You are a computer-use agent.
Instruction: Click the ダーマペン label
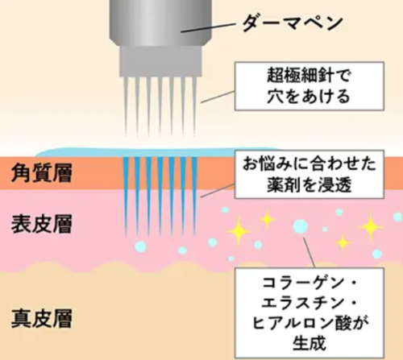pyautogui.click(x=293, y=23)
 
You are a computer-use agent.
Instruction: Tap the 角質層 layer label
pyautogui.click(x=42, y=173)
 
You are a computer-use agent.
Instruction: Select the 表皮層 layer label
pyautogui.click(x=42, y=224)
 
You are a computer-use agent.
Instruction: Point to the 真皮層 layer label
pyautogui.click(x=42, y=318)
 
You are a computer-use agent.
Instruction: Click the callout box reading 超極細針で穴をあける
pyautogui.click(x=310, y=86)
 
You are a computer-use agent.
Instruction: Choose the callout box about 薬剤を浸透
pyautogui.click(x=310, y=175)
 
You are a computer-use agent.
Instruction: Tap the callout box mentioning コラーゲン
pyautogui.click(x=310, y=313)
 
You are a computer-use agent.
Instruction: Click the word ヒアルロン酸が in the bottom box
pyautogui.click(x=310, y=323)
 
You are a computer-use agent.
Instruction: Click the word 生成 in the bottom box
pyautogui.click(x=310, y=343)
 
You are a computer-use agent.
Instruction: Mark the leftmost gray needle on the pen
pyautogui.click(x=126, y=106)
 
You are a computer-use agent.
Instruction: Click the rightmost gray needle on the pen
pyautogui.click(x=194, y=106)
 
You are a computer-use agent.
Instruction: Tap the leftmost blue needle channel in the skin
pyautogui.click(x=126, y=196)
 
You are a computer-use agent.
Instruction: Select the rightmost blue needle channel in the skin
pyautogui.click(x=194, y=196)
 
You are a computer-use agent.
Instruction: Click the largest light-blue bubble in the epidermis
pyautogui.click(x=301, y=226)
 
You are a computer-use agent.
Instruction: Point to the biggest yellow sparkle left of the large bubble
pyautogui.click(x=239, y=231)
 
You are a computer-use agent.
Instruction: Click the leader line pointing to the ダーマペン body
pyautogui.click(x=208, y=28)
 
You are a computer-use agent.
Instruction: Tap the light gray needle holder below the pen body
pyautogui.click(x=160, y=61)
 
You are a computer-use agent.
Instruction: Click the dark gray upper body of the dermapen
pyautogui.click(x=160, y=23)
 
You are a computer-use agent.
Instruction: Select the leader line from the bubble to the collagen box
pyautogui.click(x=309, y=252)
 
